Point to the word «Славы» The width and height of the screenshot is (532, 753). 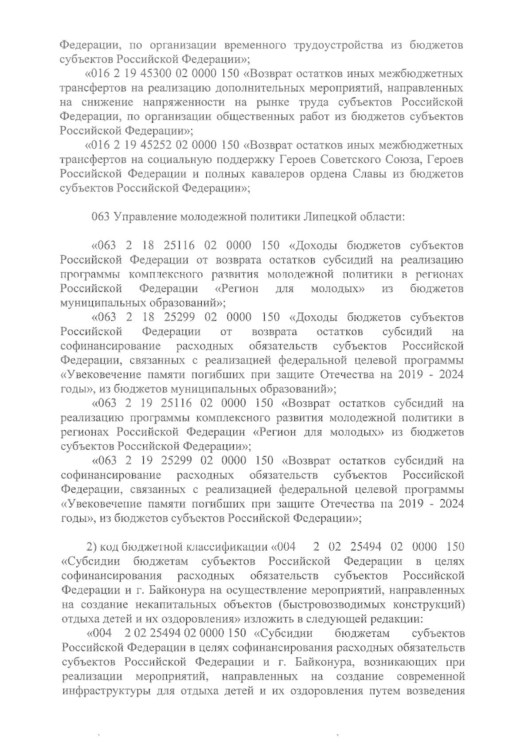pos(367,174)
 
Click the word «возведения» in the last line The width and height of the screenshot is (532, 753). pos(436,691)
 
